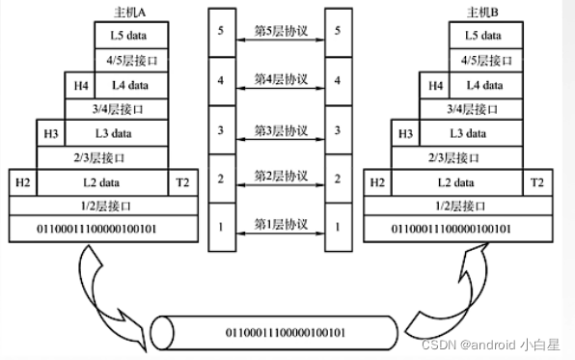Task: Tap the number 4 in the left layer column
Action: point(221,80)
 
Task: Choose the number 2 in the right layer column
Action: point(337,178)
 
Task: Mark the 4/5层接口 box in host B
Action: point(483,60)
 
